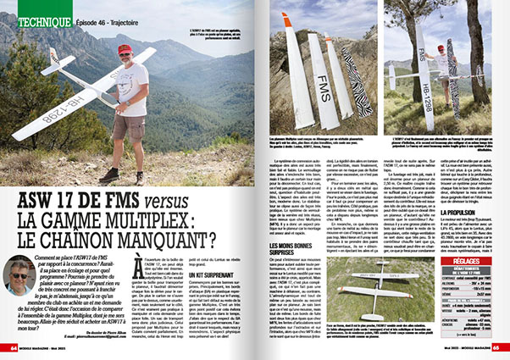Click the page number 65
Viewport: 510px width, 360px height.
click(x=500, y=348)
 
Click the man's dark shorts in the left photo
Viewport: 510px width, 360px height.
click(x=130, y=128)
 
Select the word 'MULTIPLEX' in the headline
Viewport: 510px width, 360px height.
click(x=165, y=225)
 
